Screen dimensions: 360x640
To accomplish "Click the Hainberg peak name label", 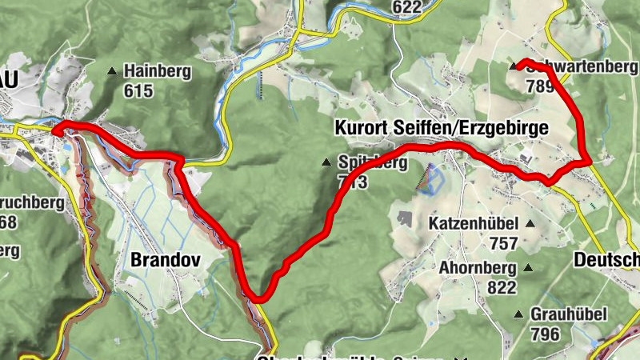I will click(x=157, y=71).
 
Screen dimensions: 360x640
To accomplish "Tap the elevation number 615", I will click(x=138, y=90).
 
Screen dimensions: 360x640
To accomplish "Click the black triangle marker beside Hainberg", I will click(x=112, y=71).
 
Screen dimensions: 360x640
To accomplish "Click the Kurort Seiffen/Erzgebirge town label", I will click(x=442, y=128).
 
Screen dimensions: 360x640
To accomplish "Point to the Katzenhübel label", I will click(x=473, y=223).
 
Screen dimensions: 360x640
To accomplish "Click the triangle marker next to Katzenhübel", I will click(x=529, y=223).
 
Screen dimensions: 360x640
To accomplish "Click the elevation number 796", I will click(x=546, y=334).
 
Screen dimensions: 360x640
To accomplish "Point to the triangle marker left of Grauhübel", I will click(x=518, y=314).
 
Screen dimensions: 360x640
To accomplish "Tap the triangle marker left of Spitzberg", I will click(x=326, y=163).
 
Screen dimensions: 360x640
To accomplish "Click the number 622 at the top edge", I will click(x=406, y=7).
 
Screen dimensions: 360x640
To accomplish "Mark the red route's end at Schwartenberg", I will click(x=519, y=64).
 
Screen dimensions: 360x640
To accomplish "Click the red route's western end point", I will click(x=55, y=130).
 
